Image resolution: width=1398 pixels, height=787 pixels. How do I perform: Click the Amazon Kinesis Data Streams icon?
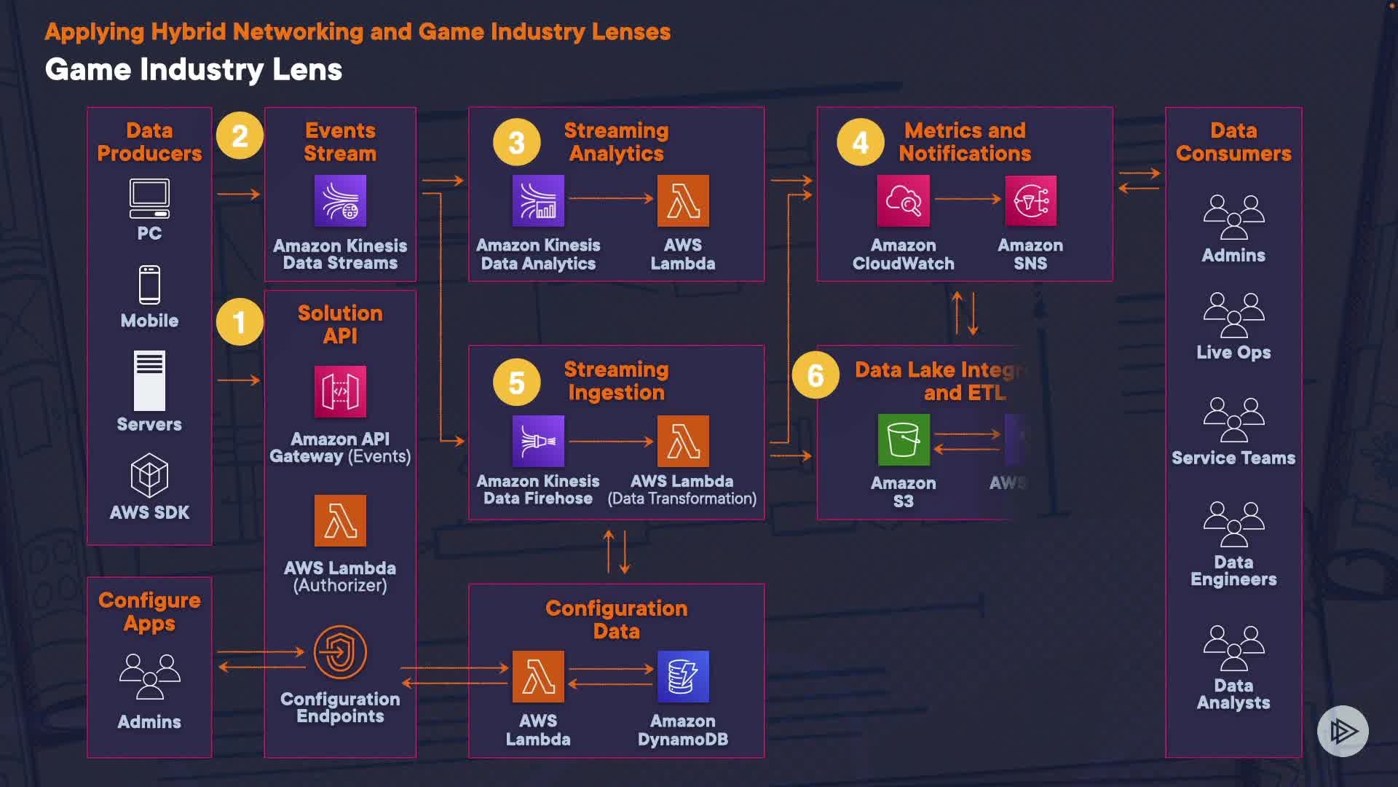pos(340,200)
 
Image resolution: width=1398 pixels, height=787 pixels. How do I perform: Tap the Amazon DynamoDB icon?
pos(683,676)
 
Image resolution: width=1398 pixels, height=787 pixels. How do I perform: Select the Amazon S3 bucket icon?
pos(904,439)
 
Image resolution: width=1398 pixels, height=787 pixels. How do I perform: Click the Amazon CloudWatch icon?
pos(904,200)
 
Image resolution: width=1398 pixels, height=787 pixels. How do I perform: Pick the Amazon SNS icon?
pos(1030,200)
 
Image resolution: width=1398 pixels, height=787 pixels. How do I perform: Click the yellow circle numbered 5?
pos(516,382)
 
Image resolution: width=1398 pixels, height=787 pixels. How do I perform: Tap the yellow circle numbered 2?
pos(240,136)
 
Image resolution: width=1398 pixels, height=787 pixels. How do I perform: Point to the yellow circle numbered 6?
pos(815,375)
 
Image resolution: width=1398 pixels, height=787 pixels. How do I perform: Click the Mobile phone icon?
pos(149,284)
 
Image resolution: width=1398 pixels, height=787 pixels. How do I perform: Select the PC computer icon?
pos(149,198)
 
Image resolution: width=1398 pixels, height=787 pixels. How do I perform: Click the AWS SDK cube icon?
pos(149,476)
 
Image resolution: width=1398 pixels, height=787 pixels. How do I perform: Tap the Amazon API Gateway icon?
pos(340,391)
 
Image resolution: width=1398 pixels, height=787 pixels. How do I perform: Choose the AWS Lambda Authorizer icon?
pos(340,520)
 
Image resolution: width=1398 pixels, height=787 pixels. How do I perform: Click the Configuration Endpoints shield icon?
pos(340,651)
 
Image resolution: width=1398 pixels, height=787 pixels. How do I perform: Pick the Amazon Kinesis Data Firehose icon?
pos(538,441)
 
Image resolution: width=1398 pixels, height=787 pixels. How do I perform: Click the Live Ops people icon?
pos(1233,315)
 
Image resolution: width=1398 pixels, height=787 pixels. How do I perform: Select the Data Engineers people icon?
pos(1233,524)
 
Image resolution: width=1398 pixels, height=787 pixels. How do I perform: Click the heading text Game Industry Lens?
pos(194,70)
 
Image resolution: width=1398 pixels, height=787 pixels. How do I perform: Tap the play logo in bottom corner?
pos(1343,731)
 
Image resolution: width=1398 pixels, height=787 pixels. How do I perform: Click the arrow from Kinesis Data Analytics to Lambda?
pos(611,198)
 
